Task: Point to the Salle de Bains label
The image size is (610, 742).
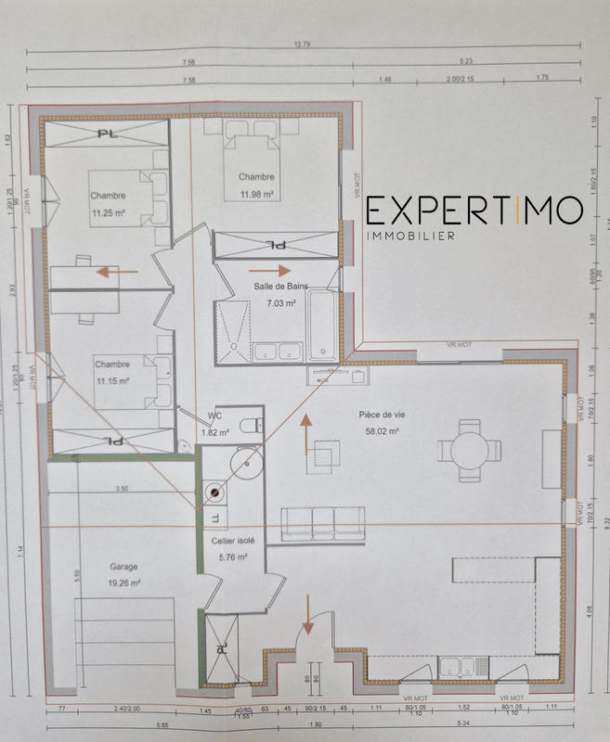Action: click(x=280, y=294)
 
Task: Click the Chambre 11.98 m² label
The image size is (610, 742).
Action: click(x=255, y=185)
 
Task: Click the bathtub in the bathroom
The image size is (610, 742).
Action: click(x=323, y=325)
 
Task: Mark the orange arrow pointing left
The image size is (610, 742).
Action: click(x=115, y=273)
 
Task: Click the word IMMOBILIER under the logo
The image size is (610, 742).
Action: click(x=410, y=237)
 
